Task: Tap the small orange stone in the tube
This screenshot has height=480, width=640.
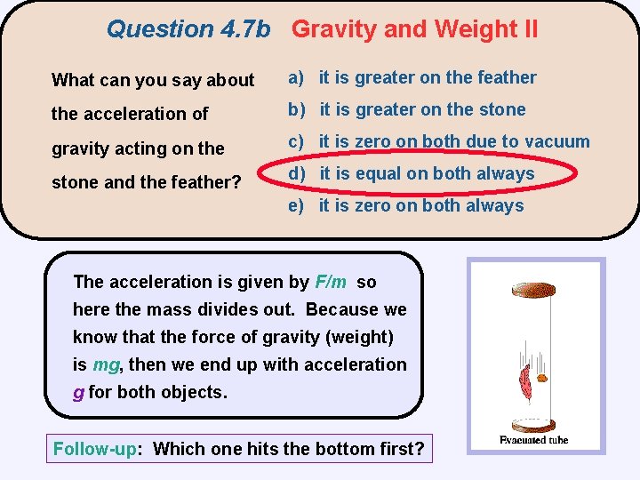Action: [542, 379]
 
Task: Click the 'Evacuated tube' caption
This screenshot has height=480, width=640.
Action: [533, 440]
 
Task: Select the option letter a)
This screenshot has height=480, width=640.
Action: [295, 78]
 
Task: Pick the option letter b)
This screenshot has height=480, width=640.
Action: [295, 110]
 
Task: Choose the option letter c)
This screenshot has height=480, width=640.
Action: [295, 142]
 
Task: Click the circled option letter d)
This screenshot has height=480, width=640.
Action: [296, 174]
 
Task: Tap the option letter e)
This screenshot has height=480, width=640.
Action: [295, 206]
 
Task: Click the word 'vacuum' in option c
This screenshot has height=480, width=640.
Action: [557, 141]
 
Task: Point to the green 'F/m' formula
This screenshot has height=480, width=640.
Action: [331, 282]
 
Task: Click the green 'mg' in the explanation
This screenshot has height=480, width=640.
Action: [105, 364]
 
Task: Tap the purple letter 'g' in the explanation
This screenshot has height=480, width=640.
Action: [78, 393]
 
